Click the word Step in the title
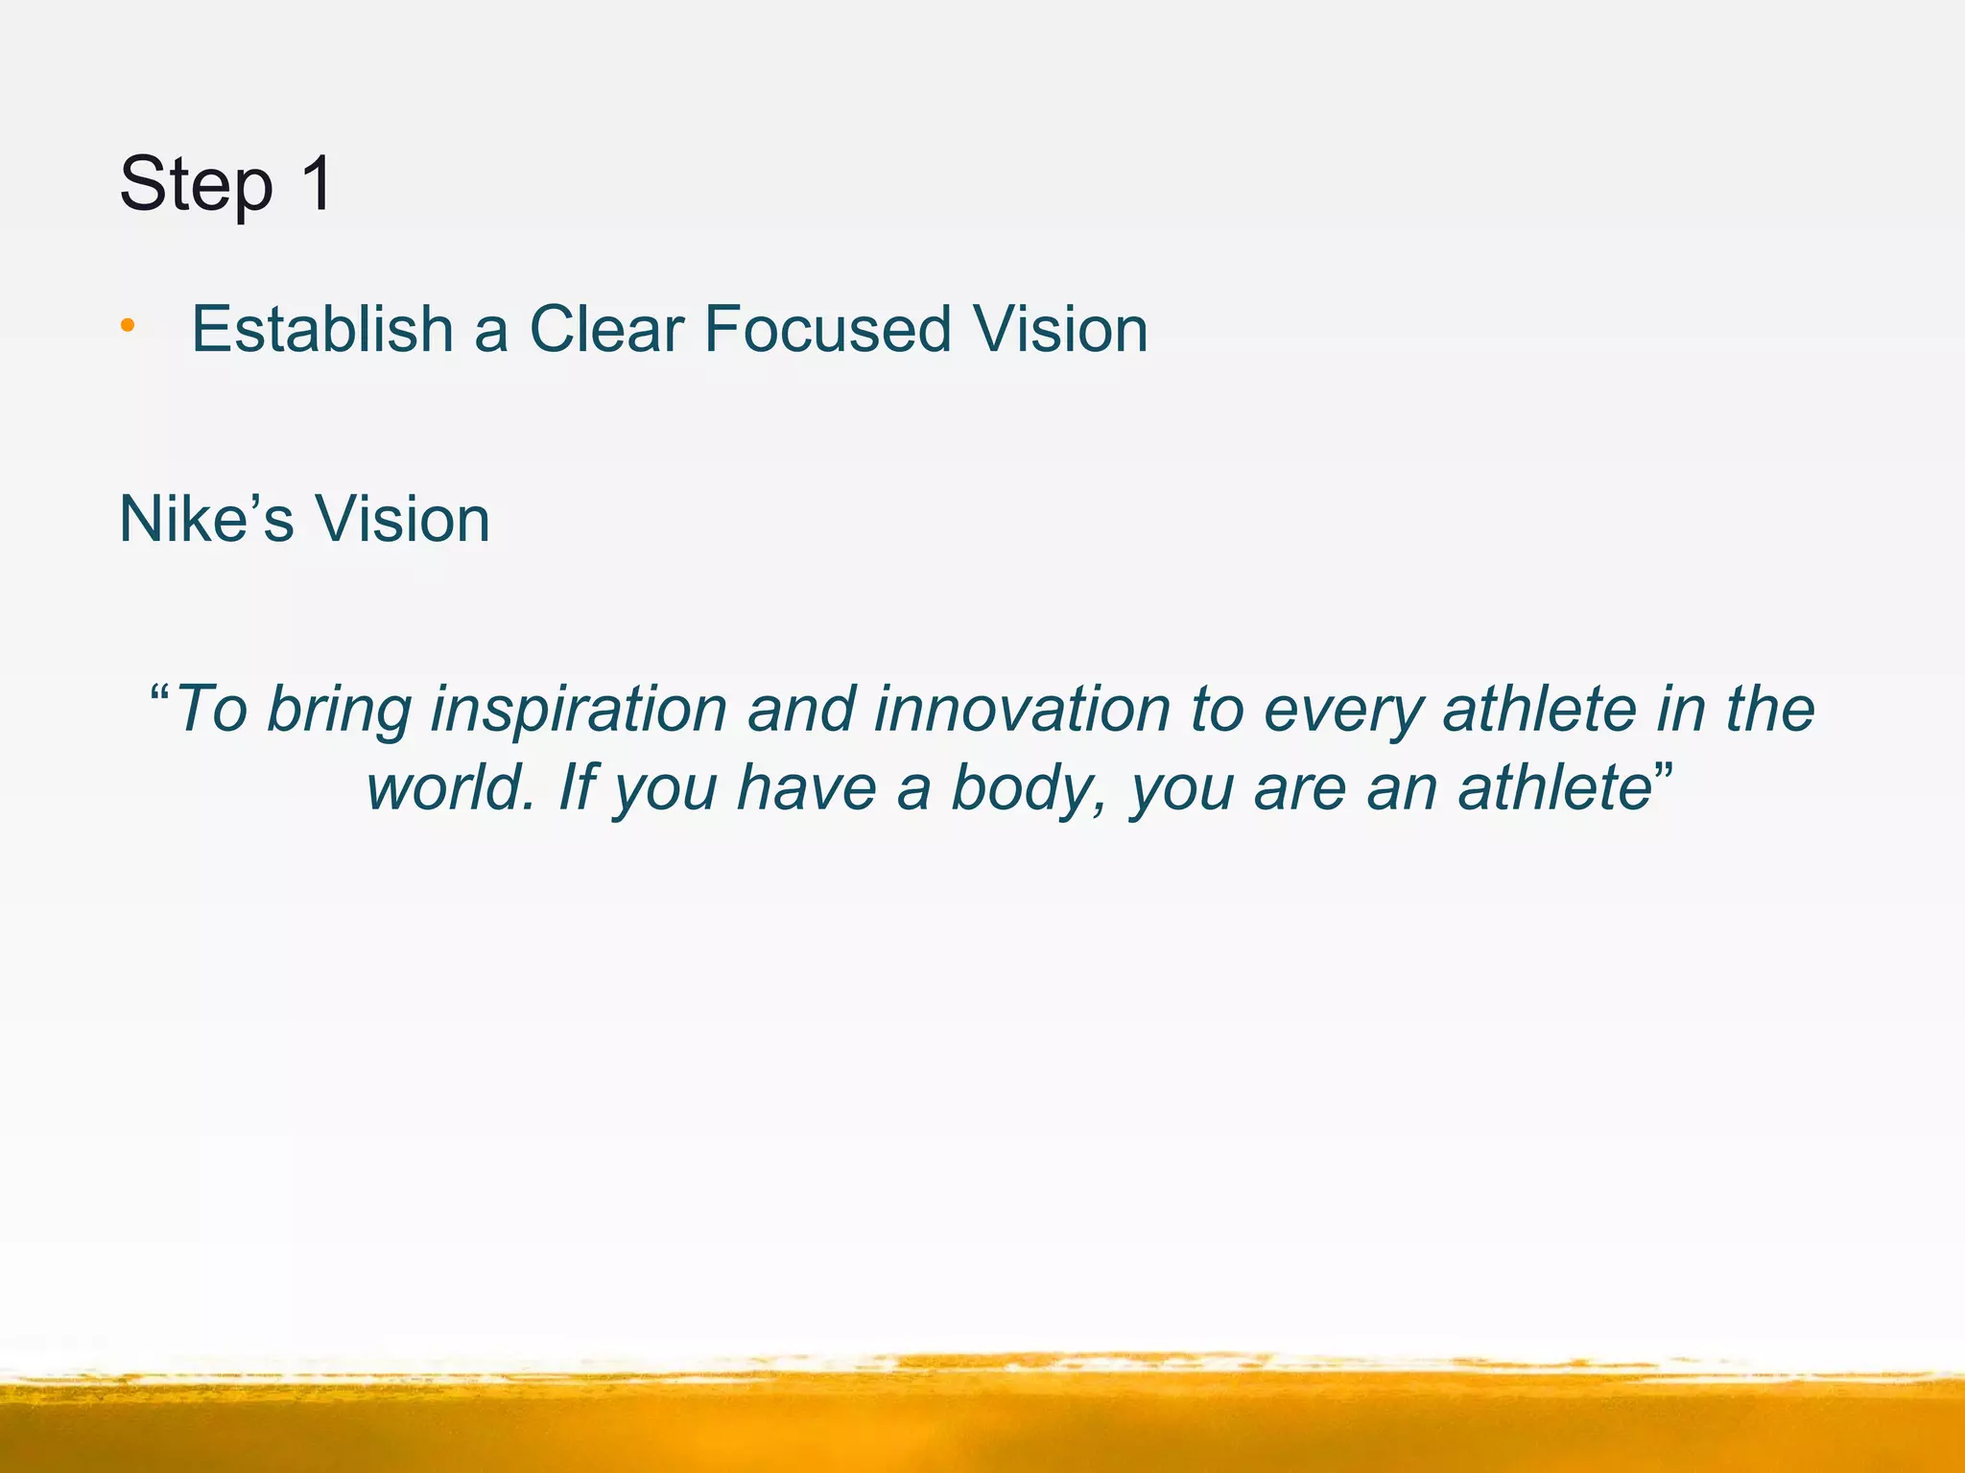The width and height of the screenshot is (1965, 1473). [196, 184]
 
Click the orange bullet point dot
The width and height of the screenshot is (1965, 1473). [128, 328]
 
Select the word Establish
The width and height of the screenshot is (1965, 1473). [322, 329]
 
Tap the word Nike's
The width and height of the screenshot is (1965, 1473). [206, 519]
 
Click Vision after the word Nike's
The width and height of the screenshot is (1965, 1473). [402, 519]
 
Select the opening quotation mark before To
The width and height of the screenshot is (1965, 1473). [161, 692]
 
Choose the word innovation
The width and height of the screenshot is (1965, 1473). [1022, 710]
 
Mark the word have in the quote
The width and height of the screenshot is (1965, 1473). [806, 788]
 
